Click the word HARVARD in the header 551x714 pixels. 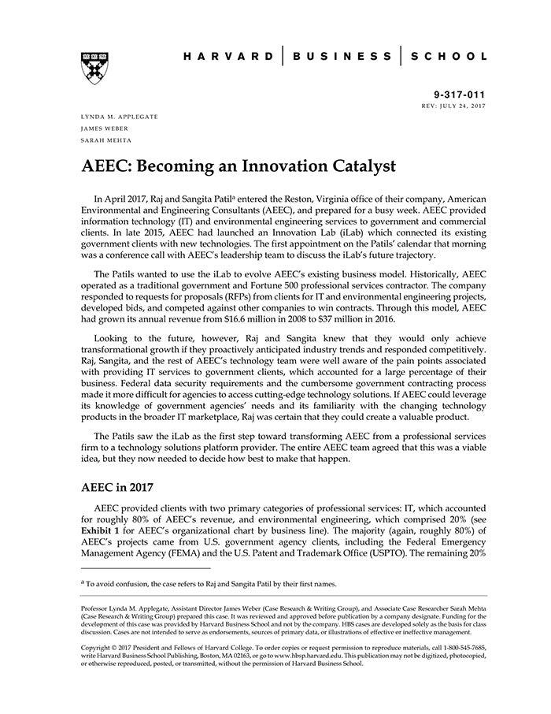click(228, 57)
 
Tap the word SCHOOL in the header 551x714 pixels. click(450, 57)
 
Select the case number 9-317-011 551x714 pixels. click(460, 95)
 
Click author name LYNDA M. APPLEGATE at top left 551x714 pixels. click(119, 117)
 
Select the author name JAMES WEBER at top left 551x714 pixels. click(104, 128)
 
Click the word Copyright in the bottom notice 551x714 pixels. click(98, 647)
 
